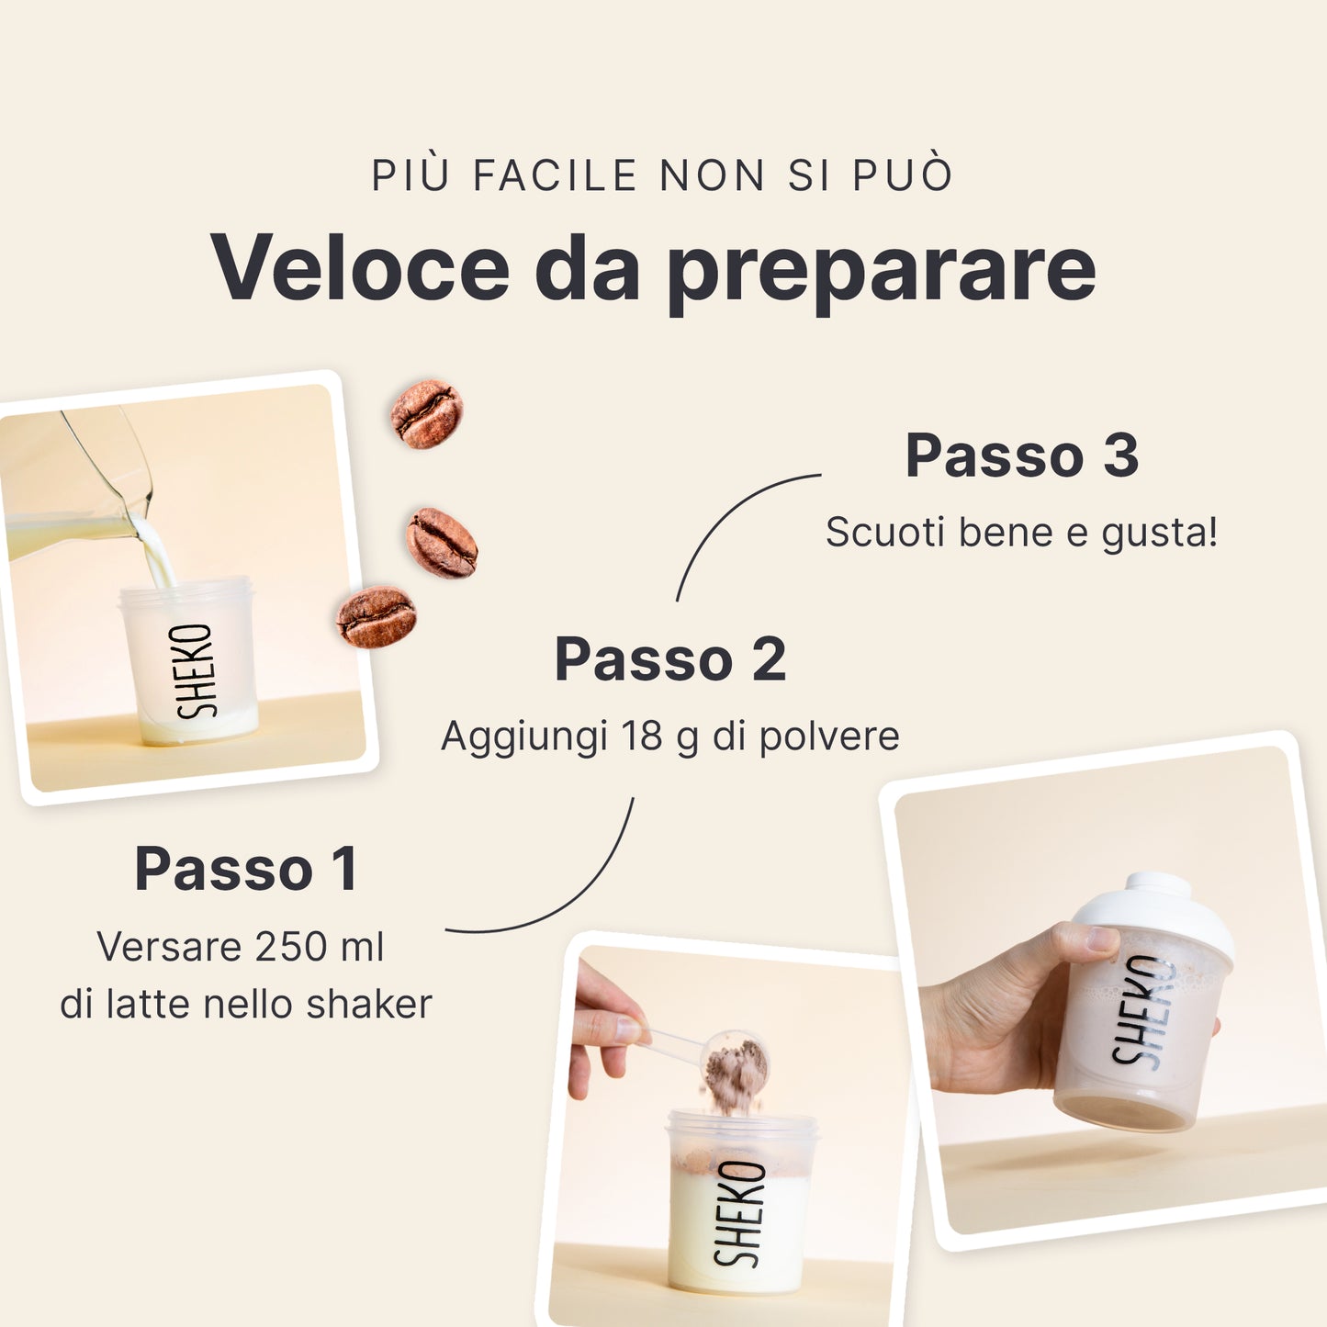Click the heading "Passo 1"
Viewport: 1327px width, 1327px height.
pyautogui.click(x=246, y=869)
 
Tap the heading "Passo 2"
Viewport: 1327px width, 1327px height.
pyautogui.click(x=670, y=659)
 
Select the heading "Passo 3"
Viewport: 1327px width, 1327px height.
pyautogui.click(x=1022, y=455)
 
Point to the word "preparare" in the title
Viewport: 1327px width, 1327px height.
pyautogui.click(x=883, y=274)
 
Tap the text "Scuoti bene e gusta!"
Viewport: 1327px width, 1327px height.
pyautogui.click(x=1022, y=533)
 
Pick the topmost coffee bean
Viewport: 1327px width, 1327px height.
pyautogui.click(x=427, y=414)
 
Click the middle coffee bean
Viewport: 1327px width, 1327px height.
pyautogui.click(x=442, y=544)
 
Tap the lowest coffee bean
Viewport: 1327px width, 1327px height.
pyautogui.click(x=377, y=617)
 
